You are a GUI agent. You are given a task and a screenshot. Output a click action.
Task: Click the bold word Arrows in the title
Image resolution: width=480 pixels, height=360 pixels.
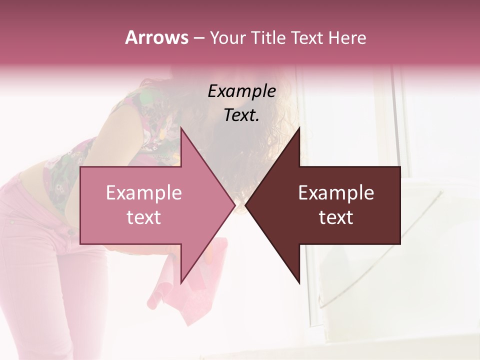(x=156, y=37)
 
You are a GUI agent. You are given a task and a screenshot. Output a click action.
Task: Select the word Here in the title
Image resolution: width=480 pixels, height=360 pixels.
(x=348, y=38)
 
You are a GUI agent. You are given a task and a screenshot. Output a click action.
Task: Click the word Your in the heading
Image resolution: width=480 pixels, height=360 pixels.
(x=228, y=38)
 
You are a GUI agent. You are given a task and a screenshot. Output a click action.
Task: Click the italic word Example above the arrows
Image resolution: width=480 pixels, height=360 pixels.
(x=242, y=91)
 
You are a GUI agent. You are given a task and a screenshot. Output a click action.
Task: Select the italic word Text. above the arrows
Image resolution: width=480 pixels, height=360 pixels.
(x=242, y=115)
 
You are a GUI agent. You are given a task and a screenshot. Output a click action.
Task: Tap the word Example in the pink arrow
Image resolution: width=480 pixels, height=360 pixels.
(x=144, y=193)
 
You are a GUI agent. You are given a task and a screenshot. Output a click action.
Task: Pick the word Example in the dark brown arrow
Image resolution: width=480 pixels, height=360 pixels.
(x=336, y=193)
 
